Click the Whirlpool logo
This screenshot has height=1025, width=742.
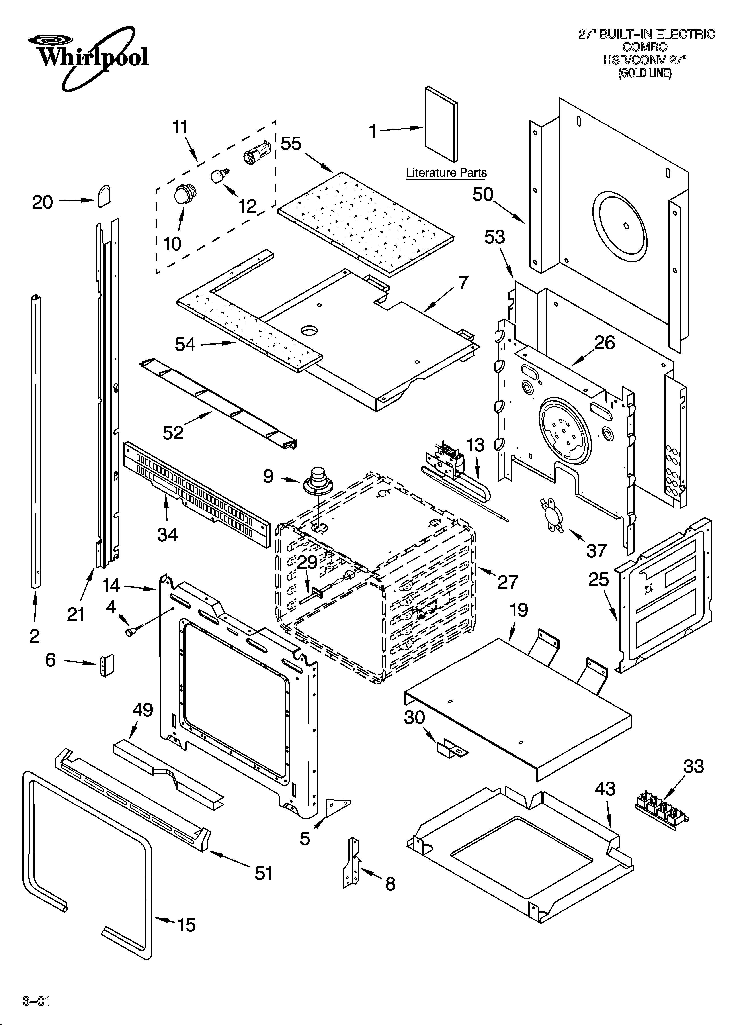pos(88,57)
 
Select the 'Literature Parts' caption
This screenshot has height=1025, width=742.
pos(446,173)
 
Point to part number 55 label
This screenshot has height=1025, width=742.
pos(291,144)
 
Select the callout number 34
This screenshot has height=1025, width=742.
pos(167,535)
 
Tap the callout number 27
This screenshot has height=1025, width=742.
pos(508,582)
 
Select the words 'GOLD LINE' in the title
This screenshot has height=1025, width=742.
pos(645,73)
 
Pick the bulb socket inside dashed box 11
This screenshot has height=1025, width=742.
pos(256,153)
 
